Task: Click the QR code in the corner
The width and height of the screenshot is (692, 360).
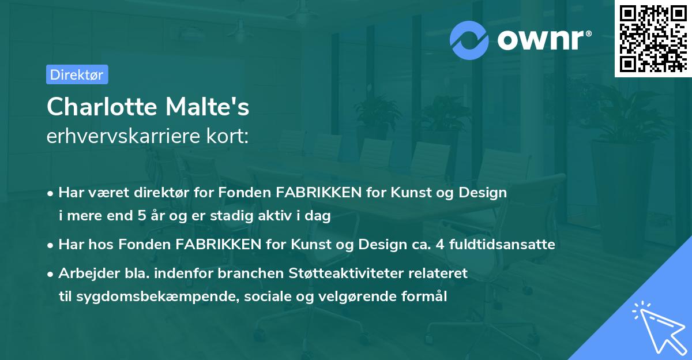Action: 652,38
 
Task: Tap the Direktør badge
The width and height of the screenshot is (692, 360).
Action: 77,74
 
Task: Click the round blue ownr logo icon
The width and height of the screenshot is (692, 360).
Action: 470,40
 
